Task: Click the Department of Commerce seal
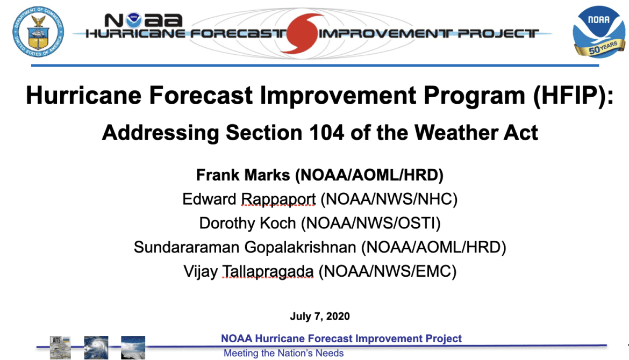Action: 38,32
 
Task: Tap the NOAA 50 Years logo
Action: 598,32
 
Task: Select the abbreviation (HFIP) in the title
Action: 573,96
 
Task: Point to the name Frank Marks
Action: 242,175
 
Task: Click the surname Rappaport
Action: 278,199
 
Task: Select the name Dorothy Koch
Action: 247,224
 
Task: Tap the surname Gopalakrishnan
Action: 300,247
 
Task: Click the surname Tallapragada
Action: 268,271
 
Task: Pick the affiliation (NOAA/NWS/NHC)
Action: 389,199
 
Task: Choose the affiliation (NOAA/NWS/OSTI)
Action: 371,224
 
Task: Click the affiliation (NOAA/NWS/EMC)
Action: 388,271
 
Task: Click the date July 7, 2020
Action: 320,316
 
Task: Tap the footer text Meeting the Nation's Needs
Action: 284,353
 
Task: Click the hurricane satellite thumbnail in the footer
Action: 96,347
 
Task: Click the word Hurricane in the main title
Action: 83,96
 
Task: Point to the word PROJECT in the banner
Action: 498,33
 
